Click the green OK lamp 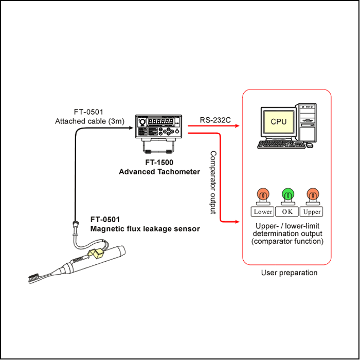[x=286, y=195]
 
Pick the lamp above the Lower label [x=263, y=195]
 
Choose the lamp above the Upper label [x=311, y=195]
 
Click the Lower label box [x=263, y=212]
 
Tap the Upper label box [x=311, y=212]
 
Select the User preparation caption [x=289, y=273]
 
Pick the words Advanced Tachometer [x=159, y=172]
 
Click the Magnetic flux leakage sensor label [x=145, y=229]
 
